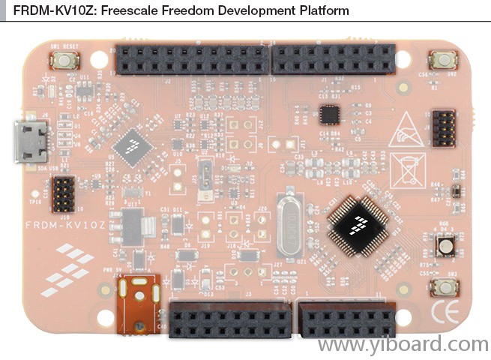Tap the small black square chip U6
click(329, 114)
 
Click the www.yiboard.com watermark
click(402, 344)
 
